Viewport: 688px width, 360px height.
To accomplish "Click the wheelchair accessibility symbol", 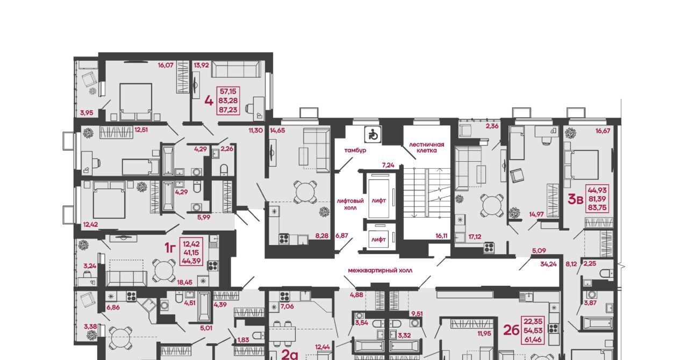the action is point(373,134).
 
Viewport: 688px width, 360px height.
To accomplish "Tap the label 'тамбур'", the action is point(355,150).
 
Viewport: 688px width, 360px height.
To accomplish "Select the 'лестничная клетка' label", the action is point(427,147).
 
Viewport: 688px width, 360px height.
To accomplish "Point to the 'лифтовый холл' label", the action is point(350,204).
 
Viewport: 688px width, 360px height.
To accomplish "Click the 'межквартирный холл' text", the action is point(380,270).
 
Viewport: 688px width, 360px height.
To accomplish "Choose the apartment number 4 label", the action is point(209,101).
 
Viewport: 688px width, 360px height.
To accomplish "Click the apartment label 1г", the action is point(170,248).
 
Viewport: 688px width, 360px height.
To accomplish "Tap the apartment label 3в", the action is point(575,199).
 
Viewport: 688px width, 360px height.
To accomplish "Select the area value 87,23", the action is point(228,110).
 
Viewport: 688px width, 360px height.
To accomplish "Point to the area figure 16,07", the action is point(166,65).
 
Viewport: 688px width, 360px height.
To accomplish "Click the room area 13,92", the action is point(202,65).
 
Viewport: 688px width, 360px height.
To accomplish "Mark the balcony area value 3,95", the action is point(87,113).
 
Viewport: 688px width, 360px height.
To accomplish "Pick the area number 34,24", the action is point(549,263).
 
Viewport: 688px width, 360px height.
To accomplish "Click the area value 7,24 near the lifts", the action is point(388,165).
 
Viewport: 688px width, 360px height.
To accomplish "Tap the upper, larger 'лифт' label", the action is point(379,200).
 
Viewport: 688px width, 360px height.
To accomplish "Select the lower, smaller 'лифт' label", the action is point(379,239).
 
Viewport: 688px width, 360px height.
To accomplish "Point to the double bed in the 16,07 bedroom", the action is point(136,102).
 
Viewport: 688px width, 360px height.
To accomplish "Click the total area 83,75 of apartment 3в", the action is point(597,207).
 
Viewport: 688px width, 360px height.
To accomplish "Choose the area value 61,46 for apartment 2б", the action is point(533,340).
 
